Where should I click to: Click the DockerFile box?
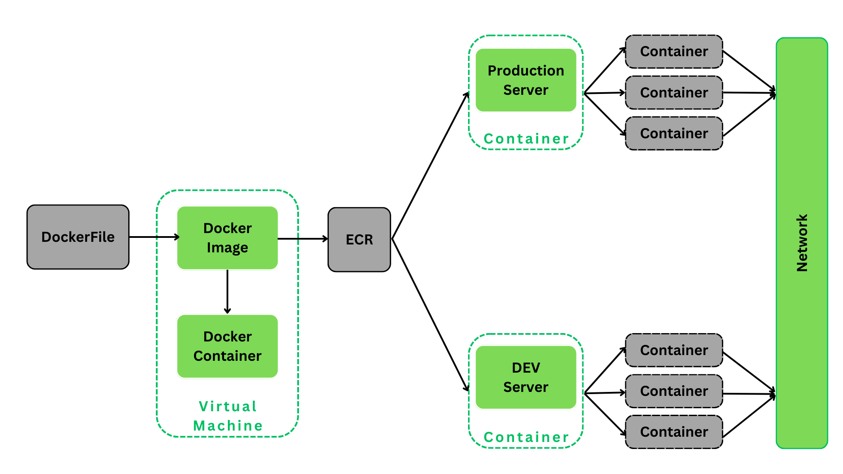tap(78, 237)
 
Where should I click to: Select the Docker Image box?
tap(227, 238)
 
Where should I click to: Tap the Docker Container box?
tap(227, 346)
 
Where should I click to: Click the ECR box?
tap(359, 240)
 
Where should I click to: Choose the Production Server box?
tap(526, 80)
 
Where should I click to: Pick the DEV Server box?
tap(526, 377)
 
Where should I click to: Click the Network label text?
tap(802, 243)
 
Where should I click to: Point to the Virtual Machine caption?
tap(227, 416)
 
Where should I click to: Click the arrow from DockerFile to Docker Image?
tap(154, 237)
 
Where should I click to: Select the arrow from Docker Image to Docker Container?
tap(227, 292)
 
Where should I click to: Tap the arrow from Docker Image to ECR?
tap(303, 239)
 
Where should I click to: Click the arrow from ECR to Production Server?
tap(430, 166)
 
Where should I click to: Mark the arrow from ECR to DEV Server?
tap(430, 314)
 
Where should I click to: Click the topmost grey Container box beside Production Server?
tap(674, 52)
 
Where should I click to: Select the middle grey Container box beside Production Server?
tap(674, 93)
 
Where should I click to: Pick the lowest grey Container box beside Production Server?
tap(674, 133)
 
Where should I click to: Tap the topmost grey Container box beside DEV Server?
tap(674, 350)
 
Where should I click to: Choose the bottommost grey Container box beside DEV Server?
tap(674, 432)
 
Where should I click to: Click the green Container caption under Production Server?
tap(526, 139)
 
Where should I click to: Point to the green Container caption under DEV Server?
tap(526, 437)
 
